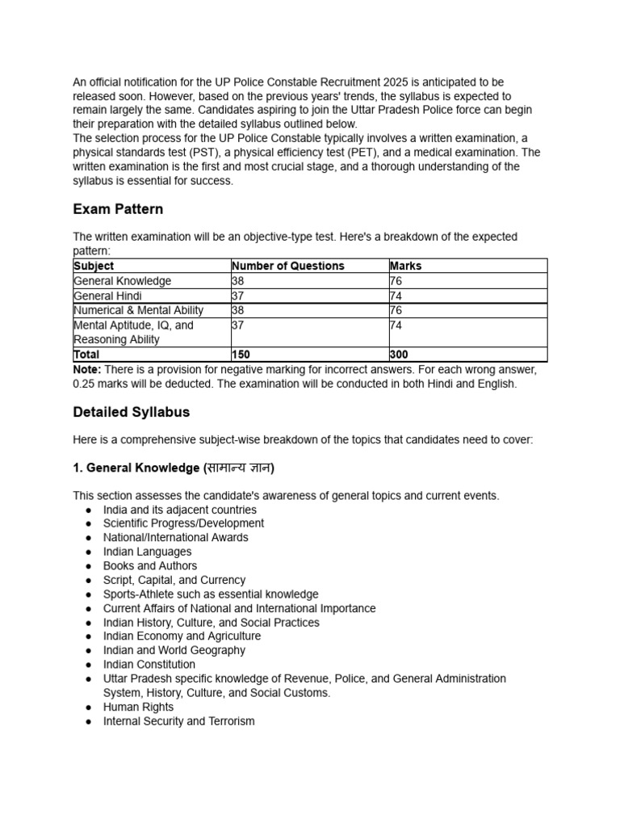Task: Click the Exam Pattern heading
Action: click(118, 209)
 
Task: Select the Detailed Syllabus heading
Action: click(132, 412)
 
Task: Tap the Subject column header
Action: click(94, 266)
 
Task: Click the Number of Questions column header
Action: click(287, 266)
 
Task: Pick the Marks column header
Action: click(405, 266)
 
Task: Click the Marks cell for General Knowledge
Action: click(396, 281)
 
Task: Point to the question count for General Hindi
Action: click(238, 296)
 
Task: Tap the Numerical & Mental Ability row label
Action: click(138, 310)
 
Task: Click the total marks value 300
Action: click(399, 355)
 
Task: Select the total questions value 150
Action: click(241, 355)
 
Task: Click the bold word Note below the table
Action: click(86, 369)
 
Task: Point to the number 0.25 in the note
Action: click(86, 384)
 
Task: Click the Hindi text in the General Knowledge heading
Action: click(238, 468)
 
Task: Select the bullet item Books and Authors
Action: click(150, 565)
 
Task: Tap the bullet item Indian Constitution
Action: click(149, 665)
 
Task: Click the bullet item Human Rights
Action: click(138, 707)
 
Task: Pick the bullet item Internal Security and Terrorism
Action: click(178, 721)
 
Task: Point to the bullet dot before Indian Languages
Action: click(88, 552)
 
